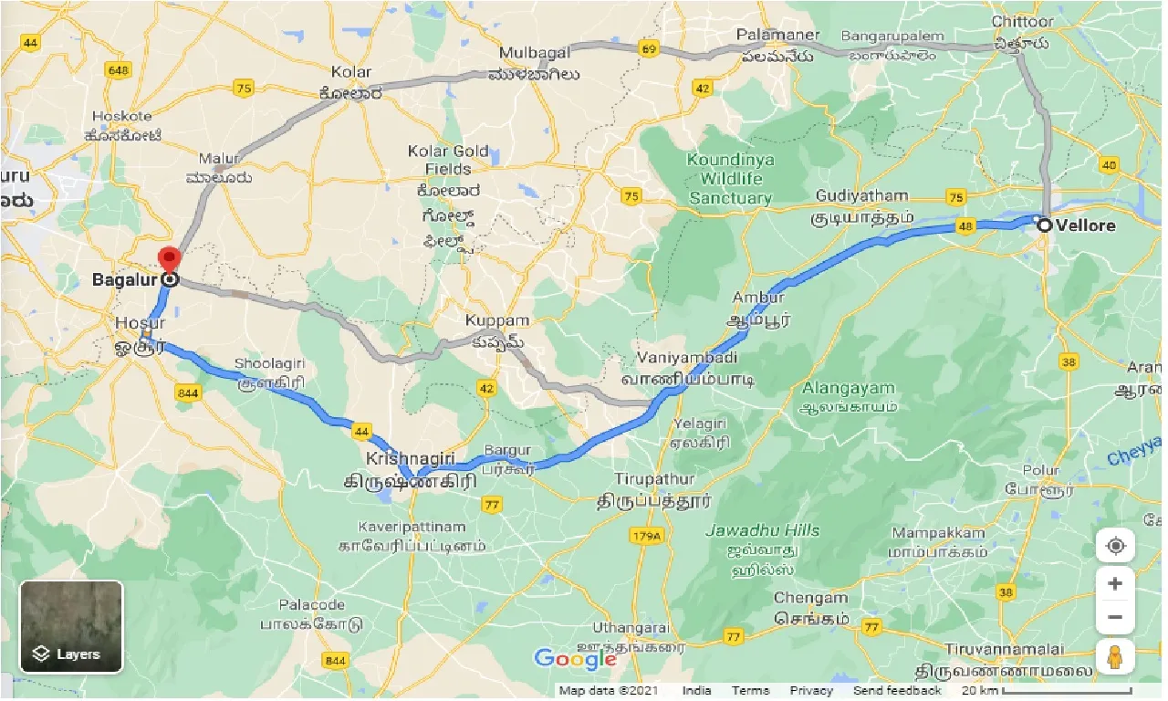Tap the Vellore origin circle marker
[x=1044, y=225]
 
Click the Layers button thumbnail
[x=71, y=626]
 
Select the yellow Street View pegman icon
[x=1115, y=655]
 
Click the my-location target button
[x=1115, y=547]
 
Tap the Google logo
[x=575, y=658]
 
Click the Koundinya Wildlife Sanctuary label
[x=730, y=178]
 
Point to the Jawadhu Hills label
[x=763, y=530]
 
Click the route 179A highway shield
[x=644, y=538]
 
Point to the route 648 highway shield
[x=119, y=70]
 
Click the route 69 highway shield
[x=649, y=49]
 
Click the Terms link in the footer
[x=750, y=691]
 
